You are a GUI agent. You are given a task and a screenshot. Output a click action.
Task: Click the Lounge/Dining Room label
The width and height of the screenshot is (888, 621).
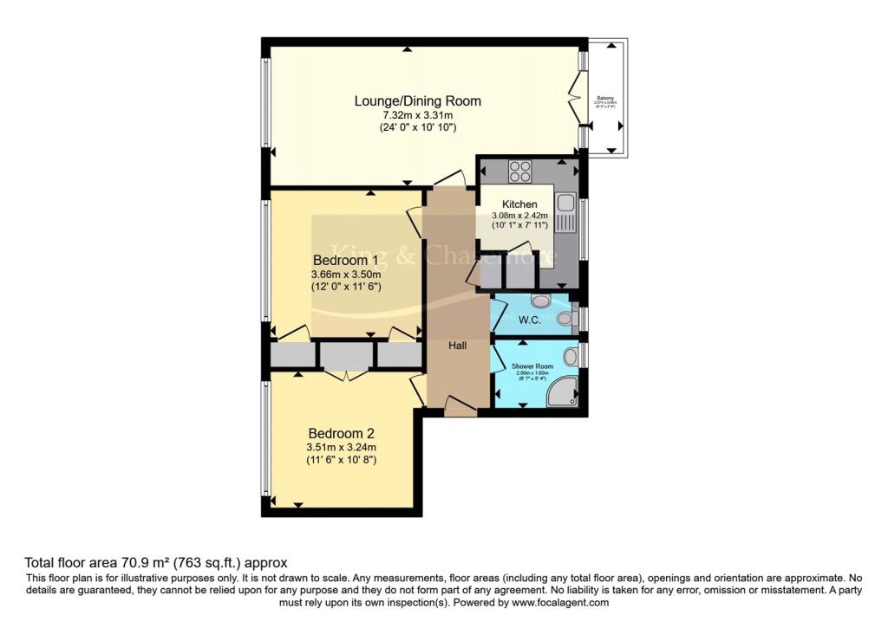pyautogui.click(x=417, y=101)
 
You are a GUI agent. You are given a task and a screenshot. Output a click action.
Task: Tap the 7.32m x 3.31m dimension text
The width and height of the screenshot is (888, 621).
pyautogui.click(x=417, y=115)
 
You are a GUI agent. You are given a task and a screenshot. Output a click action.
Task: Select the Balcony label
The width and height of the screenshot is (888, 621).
pyautogui.click(x=604, y=99)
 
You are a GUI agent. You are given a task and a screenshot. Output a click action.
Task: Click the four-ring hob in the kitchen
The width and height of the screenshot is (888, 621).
pyautogui.click(x=520, y=171)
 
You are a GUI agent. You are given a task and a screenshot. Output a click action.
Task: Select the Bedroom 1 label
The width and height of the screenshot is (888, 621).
pyautogui.click(x=345, y=260)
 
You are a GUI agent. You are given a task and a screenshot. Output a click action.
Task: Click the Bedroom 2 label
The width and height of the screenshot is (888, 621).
pyautogui.click(x=341, y=433)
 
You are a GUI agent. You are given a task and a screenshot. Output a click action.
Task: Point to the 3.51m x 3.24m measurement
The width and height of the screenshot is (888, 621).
pyautogui.click(x=341, y=448)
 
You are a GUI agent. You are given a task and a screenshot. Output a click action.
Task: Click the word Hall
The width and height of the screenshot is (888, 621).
pyautogui.click(x=457, y=346)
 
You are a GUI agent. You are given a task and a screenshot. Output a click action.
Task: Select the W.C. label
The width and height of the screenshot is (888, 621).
pyautogui.click(x=529, y=320)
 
